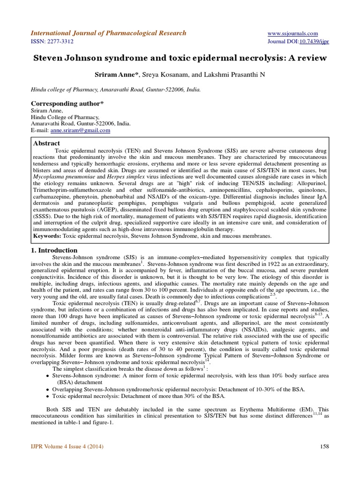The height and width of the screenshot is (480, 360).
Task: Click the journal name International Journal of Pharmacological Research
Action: tap(108, 33)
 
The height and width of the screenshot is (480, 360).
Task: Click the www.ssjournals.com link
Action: tap(292, 33)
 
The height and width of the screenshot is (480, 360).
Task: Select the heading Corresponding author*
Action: tap(67, 103)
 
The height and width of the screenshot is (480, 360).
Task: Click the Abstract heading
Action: tap(47, 143)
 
